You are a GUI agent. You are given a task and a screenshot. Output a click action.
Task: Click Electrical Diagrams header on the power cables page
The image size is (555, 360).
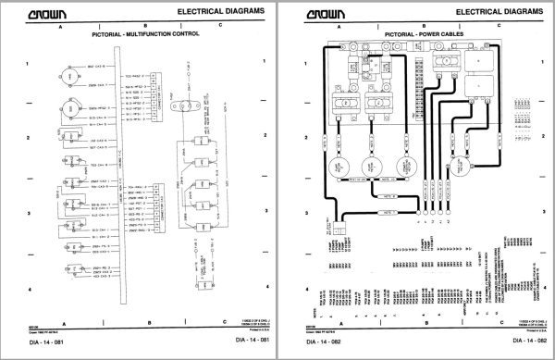(x=500, y=10)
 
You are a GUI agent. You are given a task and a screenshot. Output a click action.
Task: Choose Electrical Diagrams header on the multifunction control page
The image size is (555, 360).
(x=220, y=10)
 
